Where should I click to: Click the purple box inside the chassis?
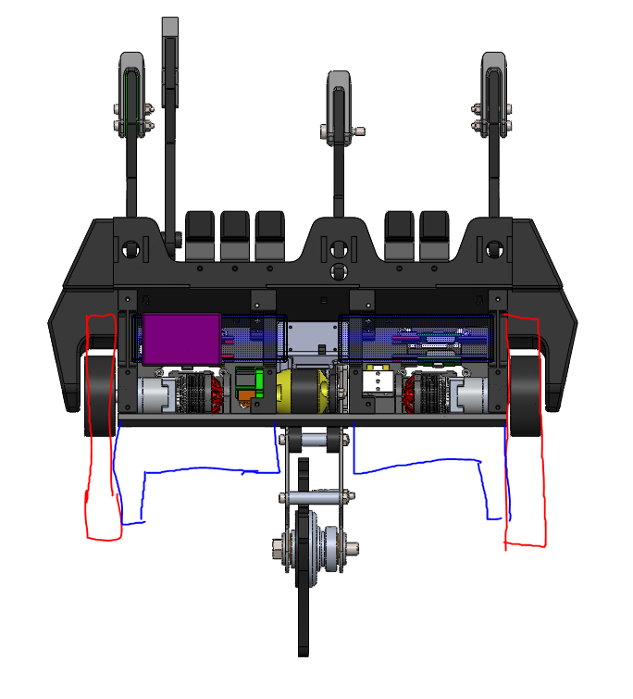point(181,338)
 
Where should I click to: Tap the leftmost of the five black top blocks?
point(201,235)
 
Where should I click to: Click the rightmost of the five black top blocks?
point(434,235)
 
